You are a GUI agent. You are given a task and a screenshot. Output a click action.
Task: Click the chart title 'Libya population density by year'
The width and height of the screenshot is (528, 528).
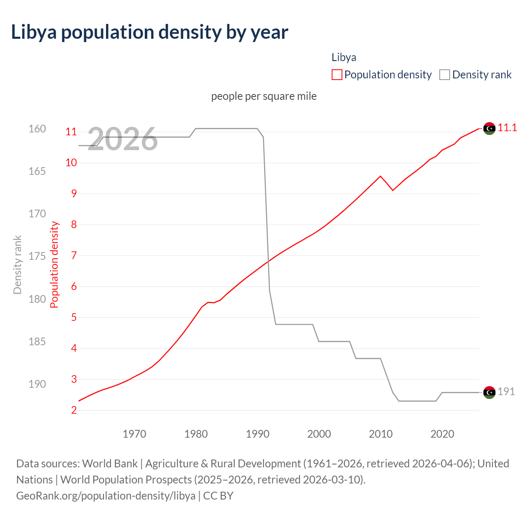pos(149,32)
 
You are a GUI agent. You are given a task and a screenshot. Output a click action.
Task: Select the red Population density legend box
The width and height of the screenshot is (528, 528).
pos(337,75)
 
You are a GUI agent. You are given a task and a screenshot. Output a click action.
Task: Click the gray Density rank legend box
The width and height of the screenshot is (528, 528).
pos(444,75)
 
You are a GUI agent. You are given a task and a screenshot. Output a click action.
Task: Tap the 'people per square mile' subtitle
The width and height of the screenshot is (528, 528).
pos(264,96)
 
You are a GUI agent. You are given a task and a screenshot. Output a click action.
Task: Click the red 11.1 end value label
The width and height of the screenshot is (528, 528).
pos(507,128)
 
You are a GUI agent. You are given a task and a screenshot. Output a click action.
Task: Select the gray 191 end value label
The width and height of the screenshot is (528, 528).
pos(506,392)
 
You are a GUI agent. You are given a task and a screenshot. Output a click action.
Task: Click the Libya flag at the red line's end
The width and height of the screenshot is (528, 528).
pos(489,129)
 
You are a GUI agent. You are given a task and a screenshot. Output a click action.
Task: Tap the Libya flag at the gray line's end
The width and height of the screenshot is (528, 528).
pos(489,392)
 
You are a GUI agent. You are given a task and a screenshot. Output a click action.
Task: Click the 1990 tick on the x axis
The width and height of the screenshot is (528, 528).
pos(257,434)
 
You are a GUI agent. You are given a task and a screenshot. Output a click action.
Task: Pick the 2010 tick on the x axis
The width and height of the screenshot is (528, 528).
pos(380,434)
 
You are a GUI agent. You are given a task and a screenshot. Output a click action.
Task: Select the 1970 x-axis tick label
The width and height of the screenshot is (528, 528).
pos(134,434)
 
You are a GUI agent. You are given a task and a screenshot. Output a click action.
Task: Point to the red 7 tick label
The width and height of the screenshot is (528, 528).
pos(74,256)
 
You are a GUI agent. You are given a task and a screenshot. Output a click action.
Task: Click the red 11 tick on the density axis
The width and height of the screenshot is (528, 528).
pos(71,132)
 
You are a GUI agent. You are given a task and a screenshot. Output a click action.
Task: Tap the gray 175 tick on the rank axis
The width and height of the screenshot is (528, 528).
pos(37,256)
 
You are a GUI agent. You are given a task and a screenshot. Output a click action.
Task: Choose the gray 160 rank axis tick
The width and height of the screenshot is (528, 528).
pos(37,129)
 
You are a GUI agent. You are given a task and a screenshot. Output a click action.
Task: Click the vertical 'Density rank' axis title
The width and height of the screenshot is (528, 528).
pos(17,265)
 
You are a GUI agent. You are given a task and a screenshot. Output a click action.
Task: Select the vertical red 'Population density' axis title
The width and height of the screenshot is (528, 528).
pos(54,265)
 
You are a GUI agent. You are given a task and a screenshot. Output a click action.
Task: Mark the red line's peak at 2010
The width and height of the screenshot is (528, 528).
pos(380,176)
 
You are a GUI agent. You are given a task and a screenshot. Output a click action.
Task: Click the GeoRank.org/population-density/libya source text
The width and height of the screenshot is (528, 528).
pos(106,496)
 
